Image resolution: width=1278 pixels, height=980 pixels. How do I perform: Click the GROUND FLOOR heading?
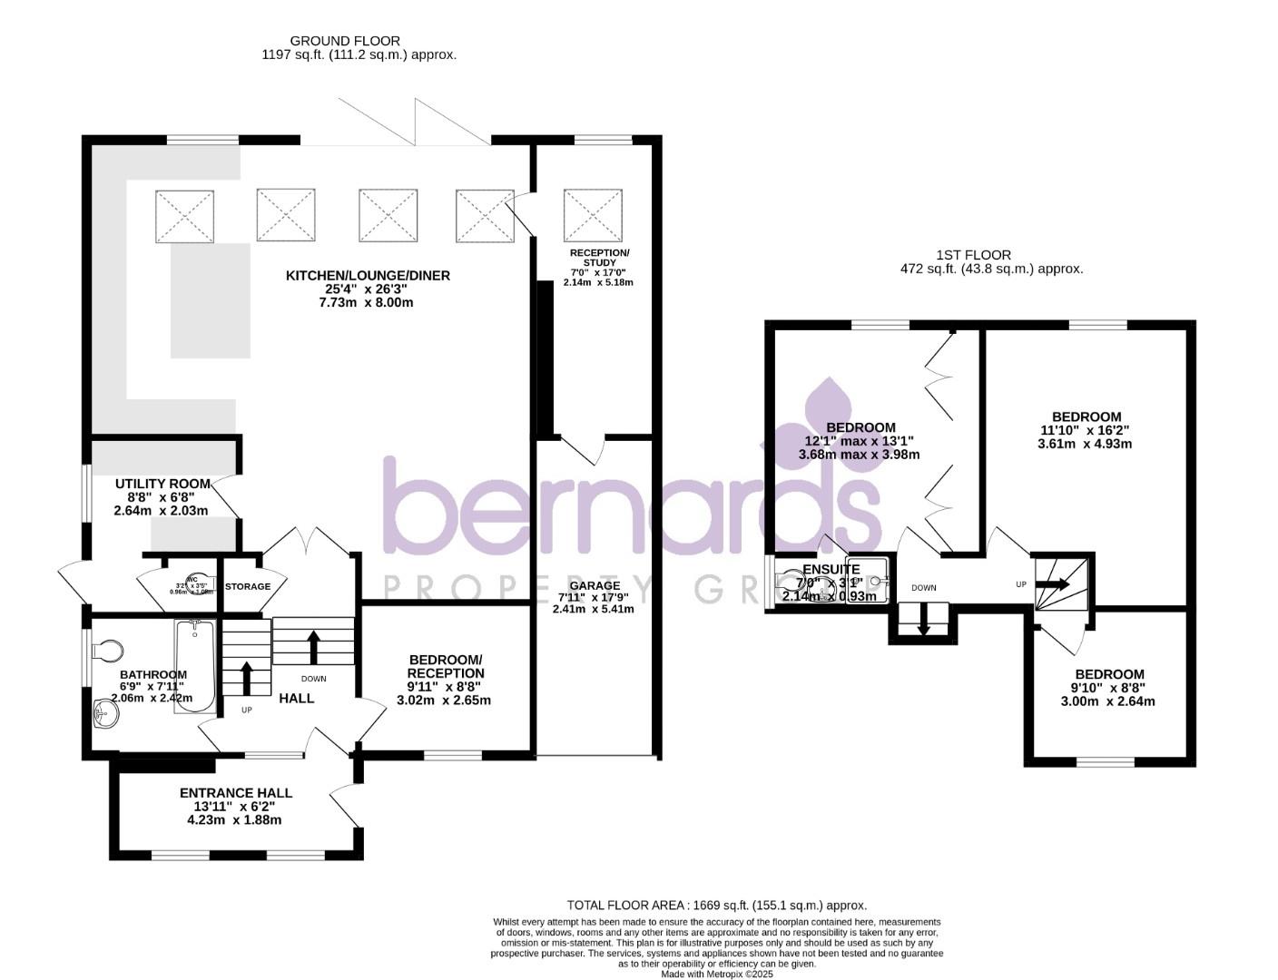(x=344, y=41)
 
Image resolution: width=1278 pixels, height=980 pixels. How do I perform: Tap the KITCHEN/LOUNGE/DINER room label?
(x=368, y=276)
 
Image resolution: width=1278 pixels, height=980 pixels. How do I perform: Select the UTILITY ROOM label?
(x=162, y=484)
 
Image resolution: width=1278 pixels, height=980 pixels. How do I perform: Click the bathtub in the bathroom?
(x=195, y=667)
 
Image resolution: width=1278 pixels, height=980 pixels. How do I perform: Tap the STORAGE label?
(x=248, y=586)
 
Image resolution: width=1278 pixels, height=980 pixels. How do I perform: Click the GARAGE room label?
(x=595, y=585)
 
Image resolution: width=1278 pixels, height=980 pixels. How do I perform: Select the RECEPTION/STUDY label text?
(x=599, y=257)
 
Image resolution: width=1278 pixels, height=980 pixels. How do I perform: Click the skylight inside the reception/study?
(x=593, y=216)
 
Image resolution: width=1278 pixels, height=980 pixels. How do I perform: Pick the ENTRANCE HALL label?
(x=235, y=793)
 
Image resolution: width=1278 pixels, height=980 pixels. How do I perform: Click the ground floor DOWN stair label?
(x=313, y=679)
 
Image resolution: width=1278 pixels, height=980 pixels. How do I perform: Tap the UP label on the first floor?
(x=1021, y=584)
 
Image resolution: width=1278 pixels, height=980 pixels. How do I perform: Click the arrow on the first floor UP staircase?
(x=1054, y=585)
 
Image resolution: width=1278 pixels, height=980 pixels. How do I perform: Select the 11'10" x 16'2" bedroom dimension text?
(x=1085, y=431)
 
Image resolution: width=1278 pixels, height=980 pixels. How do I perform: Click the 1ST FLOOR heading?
(x=973, y=255)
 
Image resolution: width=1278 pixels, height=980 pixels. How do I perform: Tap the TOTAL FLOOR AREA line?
(x=716, y=905)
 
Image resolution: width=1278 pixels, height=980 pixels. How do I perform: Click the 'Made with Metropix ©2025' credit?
(x=716, y=974)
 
